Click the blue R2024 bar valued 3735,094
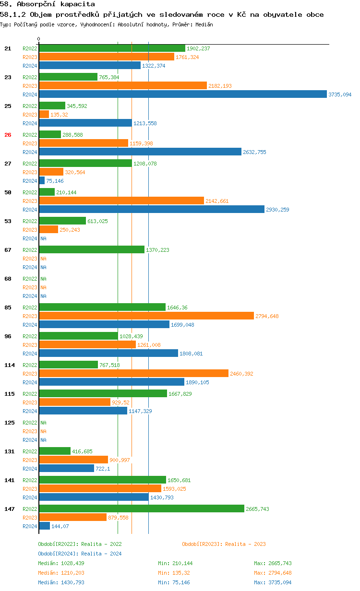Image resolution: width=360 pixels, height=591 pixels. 182,95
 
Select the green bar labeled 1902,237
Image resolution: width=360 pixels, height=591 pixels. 112,48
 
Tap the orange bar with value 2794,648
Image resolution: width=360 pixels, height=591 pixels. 146,316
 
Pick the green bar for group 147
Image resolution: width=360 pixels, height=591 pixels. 142,509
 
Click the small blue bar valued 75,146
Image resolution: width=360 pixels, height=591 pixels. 42,181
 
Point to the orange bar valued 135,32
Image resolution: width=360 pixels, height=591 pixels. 44,115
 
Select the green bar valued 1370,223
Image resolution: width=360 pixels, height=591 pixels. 92,250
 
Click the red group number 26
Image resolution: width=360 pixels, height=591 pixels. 8,135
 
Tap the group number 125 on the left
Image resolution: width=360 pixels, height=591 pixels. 9,423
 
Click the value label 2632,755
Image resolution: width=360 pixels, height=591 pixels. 254,152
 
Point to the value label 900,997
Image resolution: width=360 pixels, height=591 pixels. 120,460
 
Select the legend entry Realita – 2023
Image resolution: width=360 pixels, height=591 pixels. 224,544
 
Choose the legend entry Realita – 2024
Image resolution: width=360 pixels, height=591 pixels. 80,554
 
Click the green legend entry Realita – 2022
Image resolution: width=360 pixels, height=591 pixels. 80,544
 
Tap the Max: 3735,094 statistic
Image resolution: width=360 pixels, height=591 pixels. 273,582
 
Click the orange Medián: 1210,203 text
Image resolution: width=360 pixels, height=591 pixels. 61,573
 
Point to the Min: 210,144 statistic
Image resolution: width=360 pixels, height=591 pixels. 175,563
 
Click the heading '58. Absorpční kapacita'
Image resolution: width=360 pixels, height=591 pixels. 48,4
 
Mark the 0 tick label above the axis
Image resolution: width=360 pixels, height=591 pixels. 39,39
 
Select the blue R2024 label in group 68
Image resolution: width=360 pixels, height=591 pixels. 30,296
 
